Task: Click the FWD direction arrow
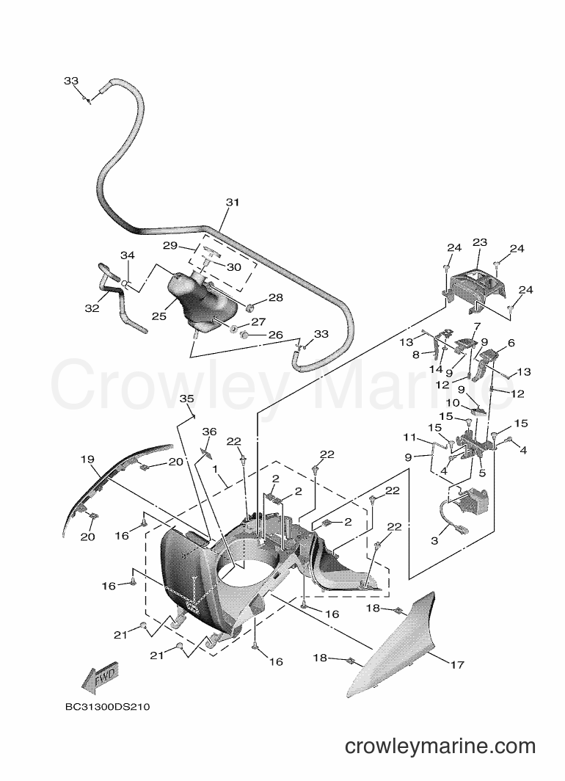100,679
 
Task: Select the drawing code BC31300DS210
108,707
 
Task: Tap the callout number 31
233,203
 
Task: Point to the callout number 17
457,664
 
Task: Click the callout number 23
479,242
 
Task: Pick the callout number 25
159,316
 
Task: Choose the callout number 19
87,459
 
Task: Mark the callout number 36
209,432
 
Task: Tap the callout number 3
434,540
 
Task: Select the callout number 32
92,308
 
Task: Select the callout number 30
234,267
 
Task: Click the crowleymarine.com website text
440,747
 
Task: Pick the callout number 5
482,473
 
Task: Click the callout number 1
215,469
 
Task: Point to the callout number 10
453,403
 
